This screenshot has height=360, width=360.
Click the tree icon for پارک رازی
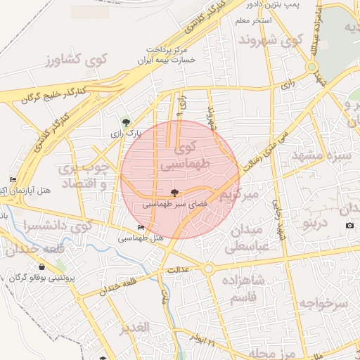[126, 121]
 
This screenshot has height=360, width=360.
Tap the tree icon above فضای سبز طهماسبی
[174, 192]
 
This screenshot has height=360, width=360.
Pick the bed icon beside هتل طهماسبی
[141, 227]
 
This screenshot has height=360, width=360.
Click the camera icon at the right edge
[350, 225]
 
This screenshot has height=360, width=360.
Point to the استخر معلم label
[254, 21]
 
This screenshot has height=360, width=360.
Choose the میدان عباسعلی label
[244, 238]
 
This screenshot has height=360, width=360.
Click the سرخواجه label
[323, 303]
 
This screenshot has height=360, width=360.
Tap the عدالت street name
[179, 269]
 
